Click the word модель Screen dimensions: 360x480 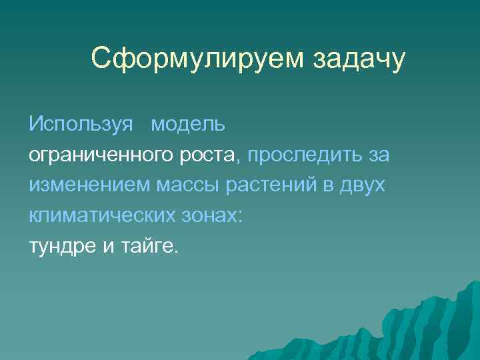point(188,124)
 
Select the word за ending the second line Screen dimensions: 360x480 point(378,155)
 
